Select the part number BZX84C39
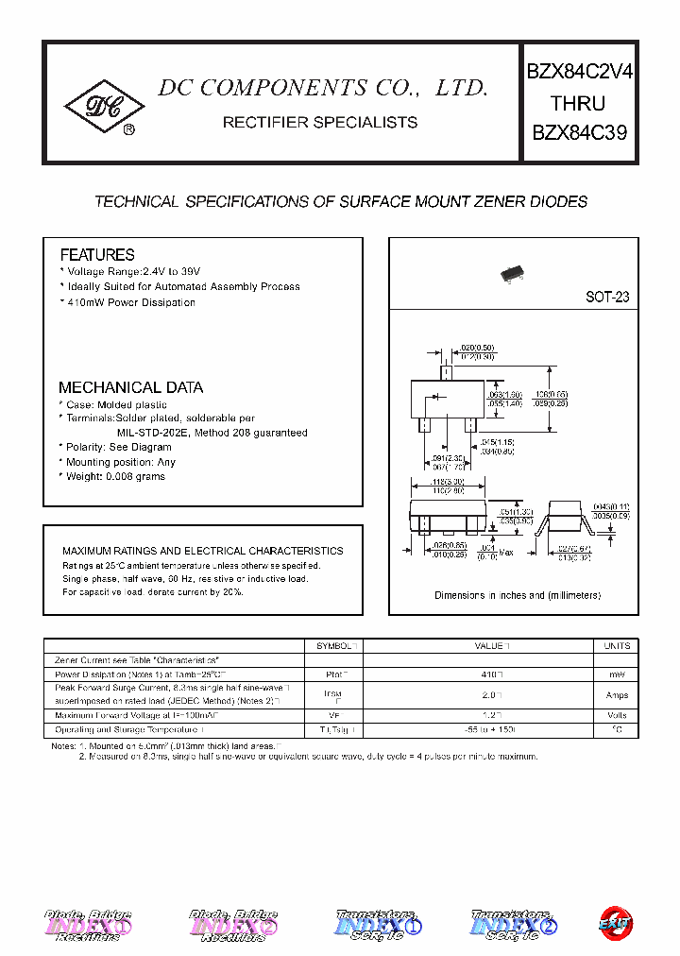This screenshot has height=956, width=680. tap(579, 132)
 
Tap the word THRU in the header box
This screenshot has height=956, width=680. tap(578, 103)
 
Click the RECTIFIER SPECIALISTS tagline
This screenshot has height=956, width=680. tap(319, 123)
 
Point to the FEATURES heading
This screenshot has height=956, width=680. tap(97, 255)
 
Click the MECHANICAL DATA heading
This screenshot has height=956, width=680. tap(130, 387)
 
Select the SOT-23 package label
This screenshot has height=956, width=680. tap(607, 297)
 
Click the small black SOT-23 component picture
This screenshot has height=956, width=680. tap(513, 273)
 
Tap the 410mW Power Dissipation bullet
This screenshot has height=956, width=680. tap(130, 302)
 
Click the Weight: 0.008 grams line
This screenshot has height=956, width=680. tap(115, 476)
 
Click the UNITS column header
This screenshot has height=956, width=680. tap(616, 646)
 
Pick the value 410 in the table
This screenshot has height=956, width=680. tap(491, 675)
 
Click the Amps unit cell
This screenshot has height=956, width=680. tap(616, 695)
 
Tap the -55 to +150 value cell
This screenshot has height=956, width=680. tap(491, 730)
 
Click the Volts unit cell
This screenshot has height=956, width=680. tap(616, 715)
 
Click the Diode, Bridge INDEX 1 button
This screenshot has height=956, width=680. tap(88, 927)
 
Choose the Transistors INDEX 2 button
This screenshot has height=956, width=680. tap(512, 927)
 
